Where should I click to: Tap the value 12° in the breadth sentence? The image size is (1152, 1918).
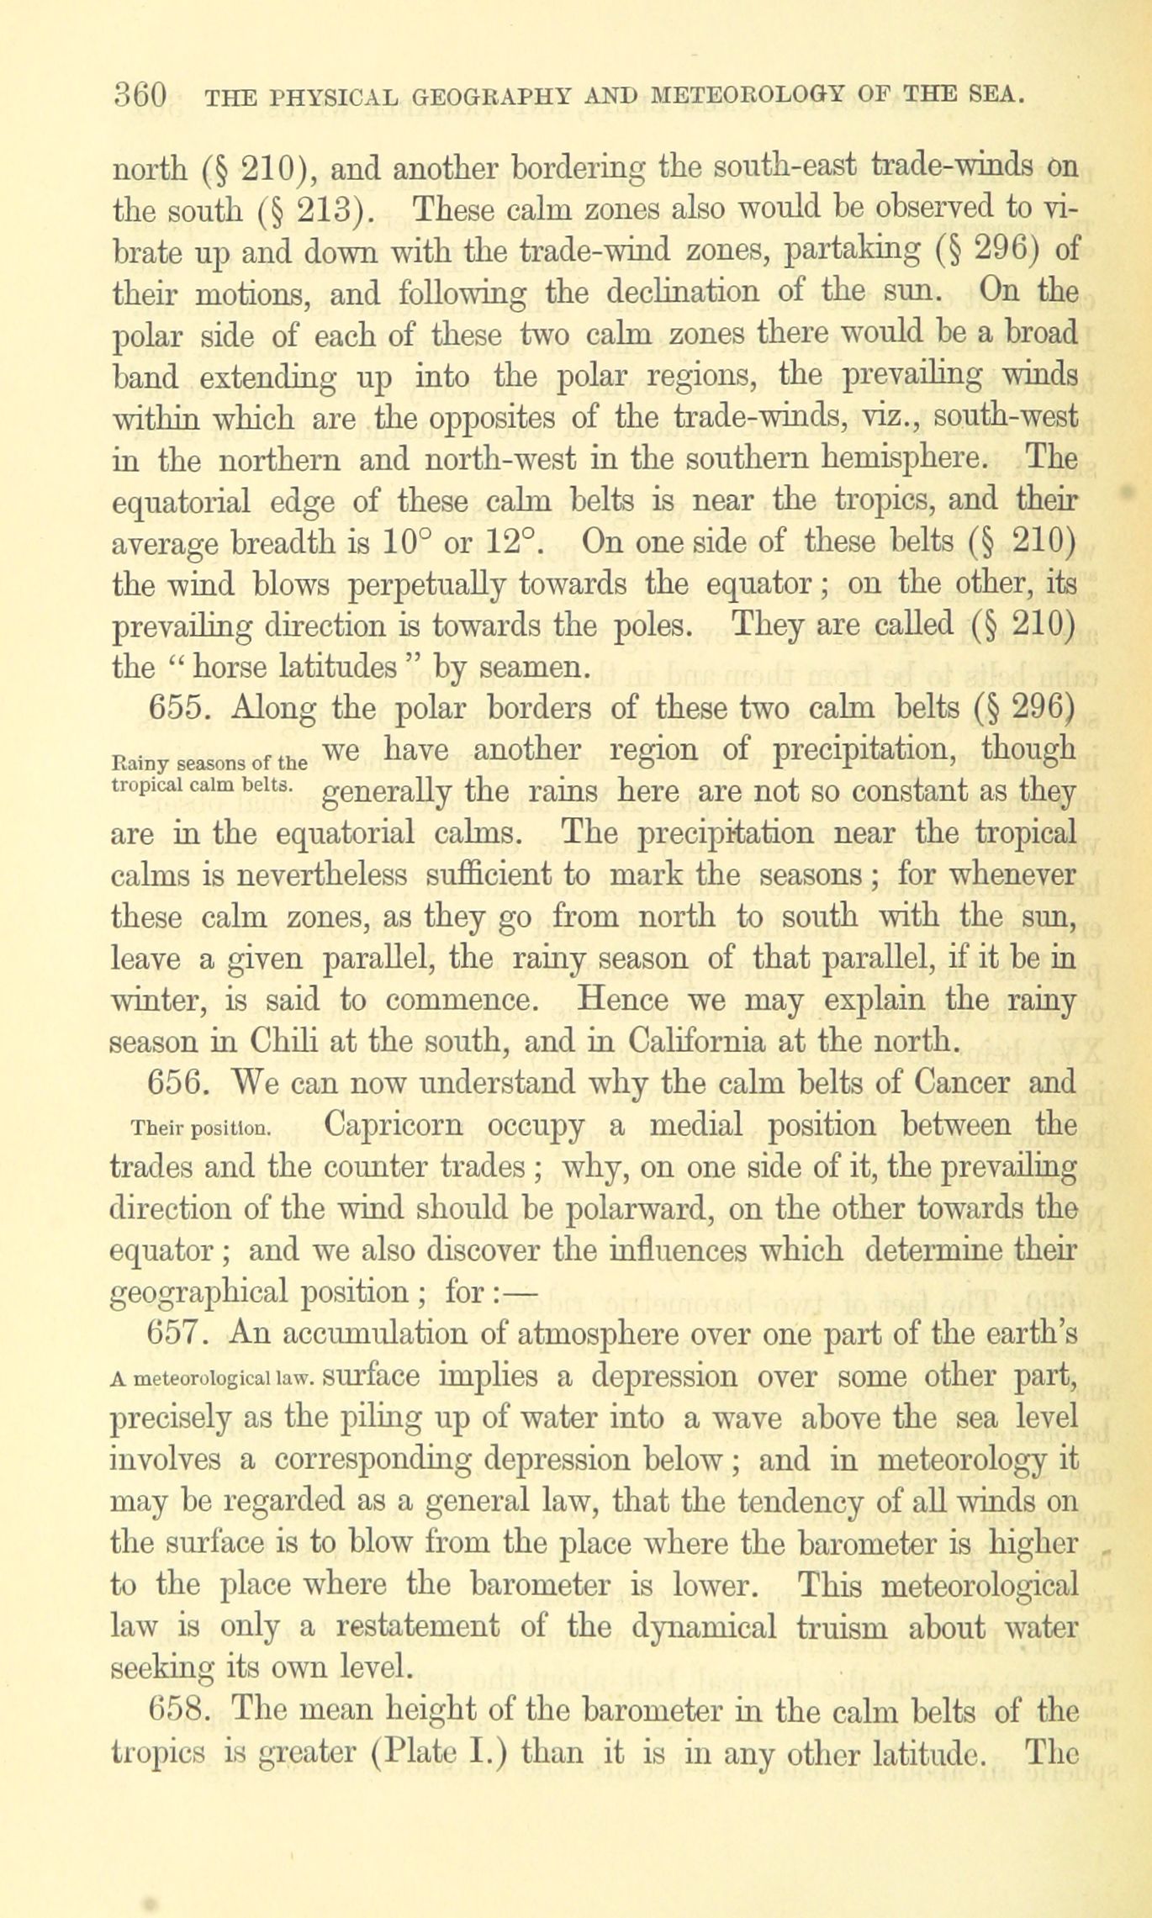pos(510,542)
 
